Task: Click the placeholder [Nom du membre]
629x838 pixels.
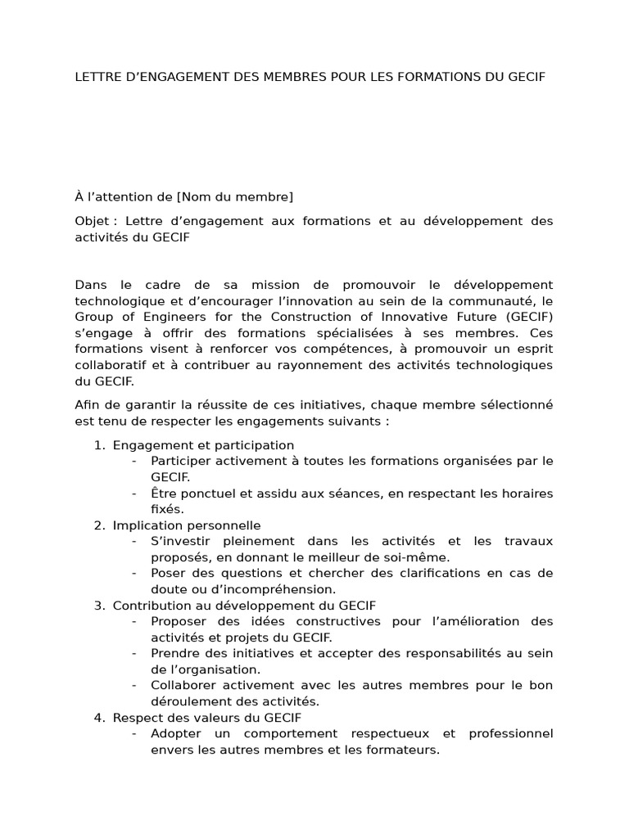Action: click(x=234, y=196)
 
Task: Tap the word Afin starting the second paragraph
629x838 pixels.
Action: click(x=88, y=405)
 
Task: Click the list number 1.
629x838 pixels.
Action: click(x=97, y=445)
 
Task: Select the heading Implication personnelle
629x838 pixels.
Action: click(x=187, y=525)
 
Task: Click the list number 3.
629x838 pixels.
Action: click(x=97, y=606)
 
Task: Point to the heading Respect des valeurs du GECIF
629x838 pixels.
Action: click(x=207, y=718)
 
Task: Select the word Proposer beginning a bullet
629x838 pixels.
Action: click(x=178, y=621)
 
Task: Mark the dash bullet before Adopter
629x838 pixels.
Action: click(x=133, y=733)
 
